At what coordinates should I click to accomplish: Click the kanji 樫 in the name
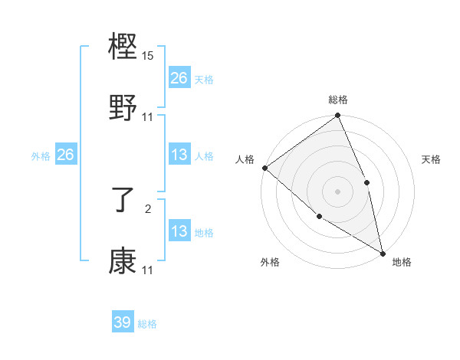point(123,47)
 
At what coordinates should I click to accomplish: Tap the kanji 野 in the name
point(123,108)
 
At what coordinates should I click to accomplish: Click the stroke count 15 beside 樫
point(148,56)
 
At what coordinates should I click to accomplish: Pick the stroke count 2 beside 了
point(148,208)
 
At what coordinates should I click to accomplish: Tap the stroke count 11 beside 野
point(148,117)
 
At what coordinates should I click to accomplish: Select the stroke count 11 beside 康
point(148,270)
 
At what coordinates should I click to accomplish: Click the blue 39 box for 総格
point(123,322)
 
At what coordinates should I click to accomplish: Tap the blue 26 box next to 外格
point(65,155)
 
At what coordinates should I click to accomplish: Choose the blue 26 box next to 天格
point(179,78)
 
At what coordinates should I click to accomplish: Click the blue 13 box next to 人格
point(179,155)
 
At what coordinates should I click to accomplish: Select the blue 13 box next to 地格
point(179,231)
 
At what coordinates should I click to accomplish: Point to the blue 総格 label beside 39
point(148,324)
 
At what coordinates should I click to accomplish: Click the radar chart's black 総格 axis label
point(338,100)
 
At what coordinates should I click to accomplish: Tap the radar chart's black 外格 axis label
point(270,262)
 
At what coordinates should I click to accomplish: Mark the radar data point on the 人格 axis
point(264,168)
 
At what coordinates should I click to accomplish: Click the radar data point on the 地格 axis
point(383,253)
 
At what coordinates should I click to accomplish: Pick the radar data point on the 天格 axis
point(366,182)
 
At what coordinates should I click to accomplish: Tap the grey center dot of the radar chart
point(337,191)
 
